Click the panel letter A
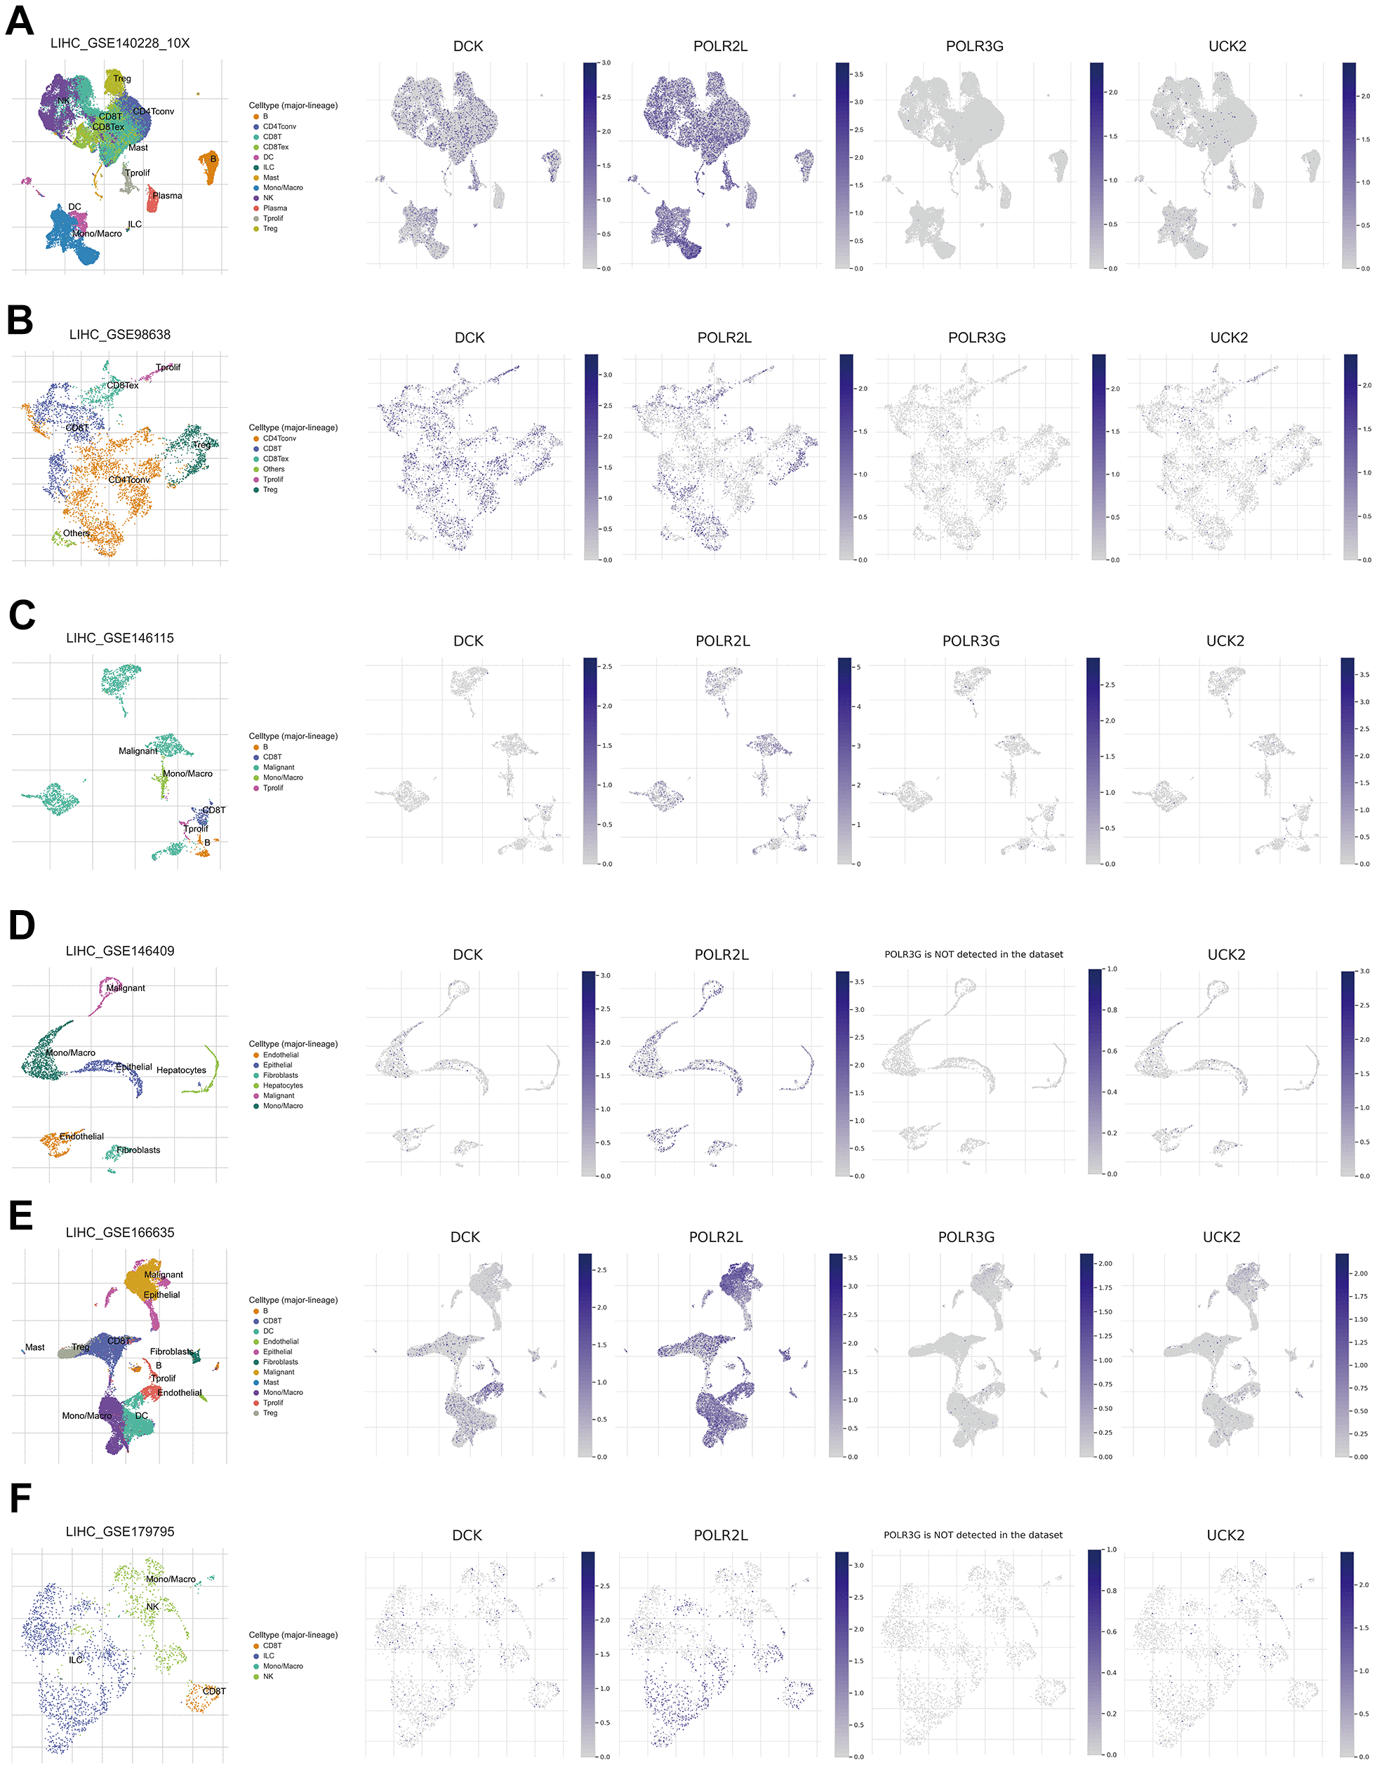coord(20,21)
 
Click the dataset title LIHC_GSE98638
coord(120,335)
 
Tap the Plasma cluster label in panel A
coord(167,196)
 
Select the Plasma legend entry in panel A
coord(274,208)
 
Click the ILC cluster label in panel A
coord(135,225)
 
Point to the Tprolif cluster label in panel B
coord(168,368)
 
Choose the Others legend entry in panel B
coord(274,469)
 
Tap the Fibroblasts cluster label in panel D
coord(138,1150)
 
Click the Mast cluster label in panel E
coord(35,1348)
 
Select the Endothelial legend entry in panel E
coord(280,1342)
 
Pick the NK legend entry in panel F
coord(268,1676)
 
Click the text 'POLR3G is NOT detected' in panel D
coord(973,954)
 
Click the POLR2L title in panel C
coord(722,641)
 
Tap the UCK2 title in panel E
coord(1221,1237)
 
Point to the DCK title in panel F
coord(467,1536)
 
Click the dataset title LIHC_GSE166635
coord(120,1232)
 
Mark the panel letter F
coord(20,1500)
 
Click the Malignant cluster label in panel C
coord(138,751)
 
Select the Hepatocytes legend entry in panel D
coord(283,1086)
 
